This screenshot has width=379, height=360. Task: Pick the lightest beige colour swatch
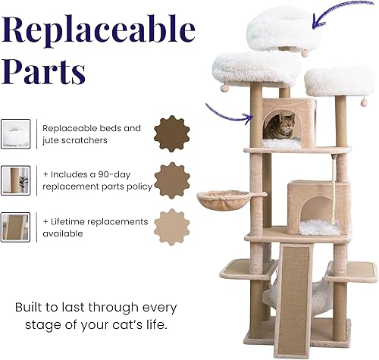coord(172,227)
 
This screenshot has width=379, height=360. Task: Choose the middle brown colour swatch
coord(172,180)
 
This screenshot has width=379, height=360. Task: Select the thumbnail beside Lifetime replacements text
coord(15,227)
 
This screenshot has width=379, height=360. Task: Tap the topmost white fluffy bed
coord(284,27)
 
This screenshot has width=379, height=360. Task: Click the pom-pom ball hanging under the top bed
coord(305,52)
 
